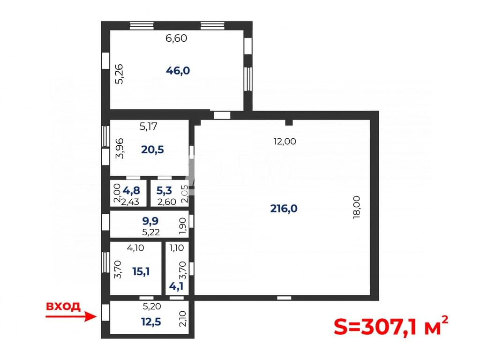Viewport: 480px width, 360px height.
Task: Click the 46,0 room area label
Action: point(178,71)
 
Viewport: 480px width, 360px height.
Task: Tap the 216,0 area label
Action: point(284,209)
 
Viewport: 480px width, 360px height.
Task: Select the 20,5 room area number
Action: point(152,150)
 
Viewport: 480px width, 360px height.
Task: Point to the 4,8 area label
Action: point(131,190)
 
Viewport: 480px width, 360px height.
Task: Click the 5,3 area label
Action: point(164,190)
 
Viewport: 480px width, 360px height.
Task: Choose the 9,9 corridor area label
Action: point(150,221)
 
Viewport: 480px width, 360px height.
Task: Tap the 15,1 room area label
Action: point(141,271)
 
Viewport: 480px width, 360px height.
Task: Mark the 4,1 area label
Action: point(176,286)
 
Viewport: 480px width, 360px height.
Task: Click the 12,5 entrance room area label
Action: point(151,322)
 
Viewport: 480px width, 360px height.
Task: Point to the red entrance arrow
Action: point(71,316)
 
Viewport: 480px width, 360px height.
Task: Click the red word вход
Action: point(63,306)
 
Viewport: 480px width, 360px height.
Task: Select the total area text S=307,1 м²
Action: point(391,326)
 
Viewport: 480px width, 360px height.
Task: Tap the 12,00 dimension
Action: point(285,142)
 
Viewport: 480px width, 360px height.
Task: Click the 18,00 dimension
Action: point(357,207)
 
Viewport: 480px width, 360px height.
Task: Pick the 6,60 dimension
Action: point(176,38)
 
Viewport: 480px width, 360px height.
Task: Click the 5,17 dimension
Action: point(149,126)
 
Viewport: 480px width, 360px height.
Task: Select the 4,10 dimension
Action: point(135,247)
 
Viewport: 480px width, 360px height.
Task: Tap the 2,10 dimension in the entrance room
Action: point(182,319)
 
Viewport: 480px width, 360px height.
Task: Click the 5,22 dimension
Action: point(151,232)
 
